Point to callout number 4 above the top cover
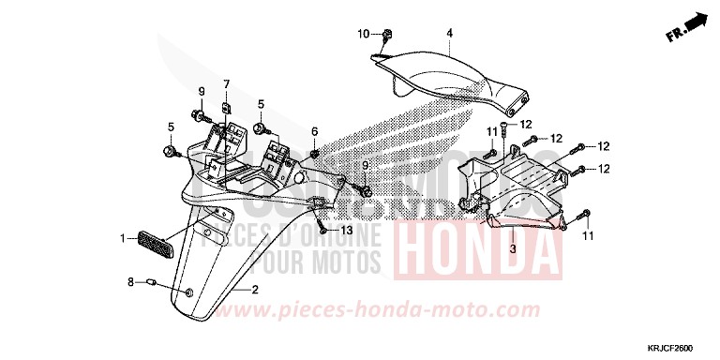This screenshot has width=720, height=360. (x=449, y=34)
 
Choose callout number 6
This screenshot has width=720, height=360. (x=315, y=131)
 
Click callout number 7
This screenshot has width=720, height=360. (x=226, y=84)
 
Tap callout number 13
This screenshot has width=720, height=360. (x=348, y=229)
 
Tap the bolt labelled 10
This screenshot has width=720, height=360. (x=385, y=37)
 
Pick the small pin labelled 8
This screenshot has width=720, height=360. (x=149, y=280)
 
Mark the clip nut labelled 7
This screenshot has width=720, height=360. (x=227, y=109)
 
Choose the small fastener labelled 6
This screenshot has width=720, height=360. (x=315, y=154)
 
